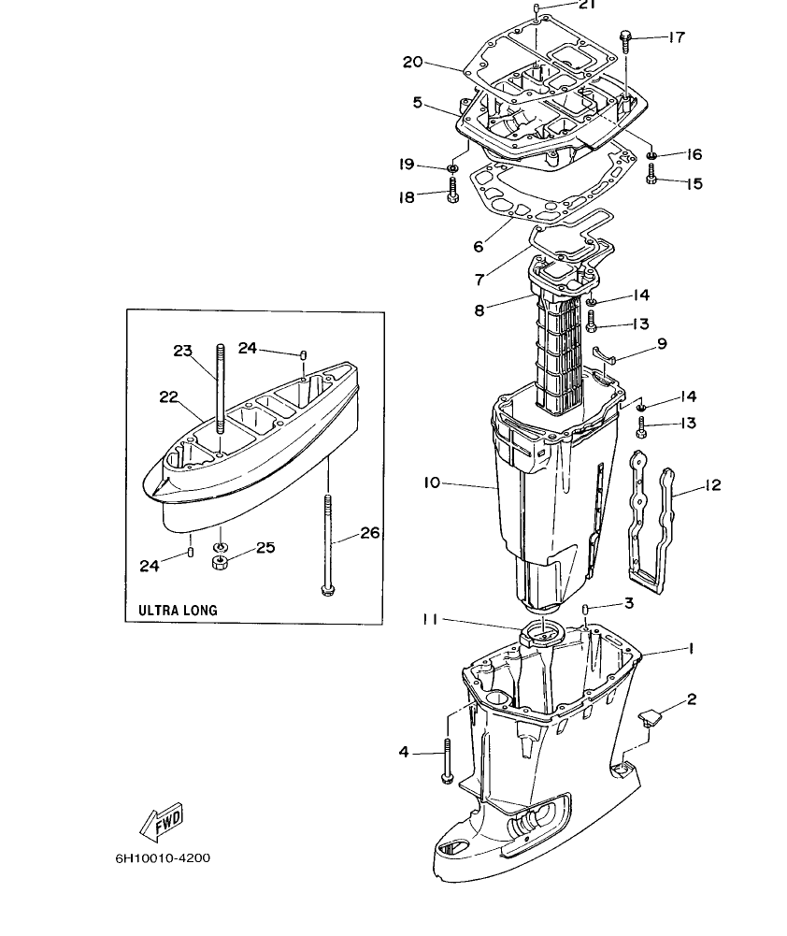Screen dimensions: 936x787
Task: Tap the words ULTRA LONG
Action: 178,610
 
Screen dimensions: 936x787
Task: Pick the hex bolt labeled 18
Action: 452,194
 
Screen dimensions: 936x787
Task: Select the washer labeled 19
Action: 451,168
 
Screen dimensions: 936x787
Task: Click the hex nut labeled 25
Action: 222,562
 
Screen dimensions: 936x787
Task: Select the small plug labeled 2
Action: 650,716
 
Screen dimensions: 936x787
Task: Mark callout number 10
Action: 431,483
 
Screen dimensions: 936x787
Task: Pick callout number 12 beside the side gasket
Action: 712,485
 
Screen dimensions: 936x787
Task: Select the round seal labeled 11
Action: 536,633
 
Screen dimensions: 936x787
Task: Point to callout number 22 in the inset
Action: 168,396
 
